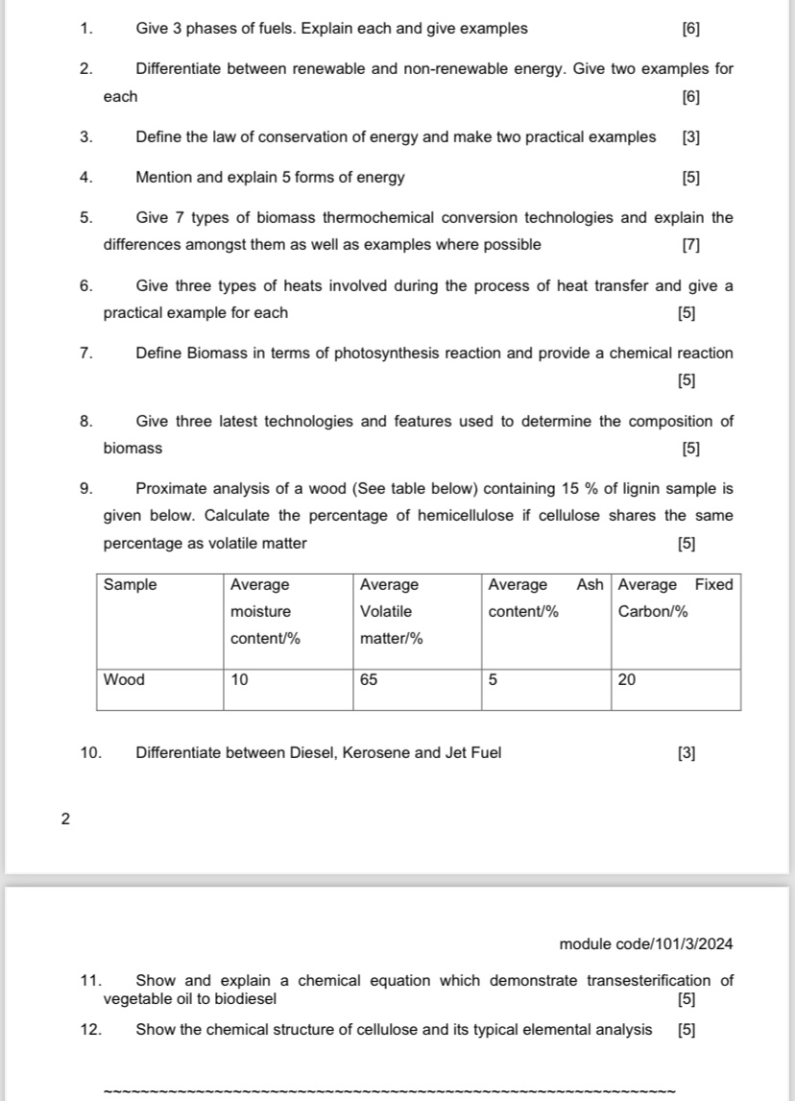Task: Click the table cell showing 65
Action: (369, 680)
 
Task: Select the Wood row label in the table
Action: (124, 680)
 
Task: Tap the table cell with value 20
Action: (627, 680)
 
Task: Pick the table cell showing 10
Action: (239, 680)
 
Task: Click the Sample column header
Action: (130, 585)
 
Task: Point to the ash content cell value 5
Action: (493, 680)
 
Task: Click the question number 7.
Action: (86, 354)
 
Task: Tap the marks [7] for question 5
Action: (690, 245)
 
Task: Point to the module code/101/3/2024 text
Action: (645, 944)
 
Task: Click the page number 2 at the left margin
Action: (64, 820)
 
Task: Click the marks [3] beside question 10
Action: (686, 753)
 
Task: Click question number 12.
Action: (91, 1030)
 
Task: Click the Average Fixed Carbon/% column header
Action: (675, 598)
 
